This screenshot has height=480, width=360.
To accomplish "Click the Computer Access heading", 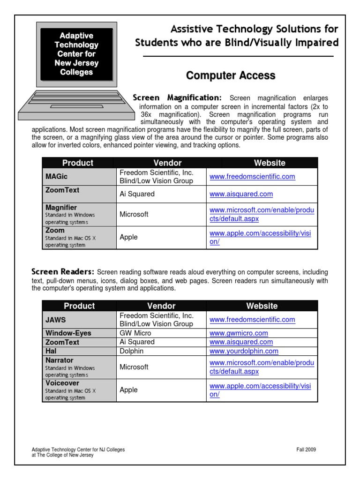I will click(231, 75).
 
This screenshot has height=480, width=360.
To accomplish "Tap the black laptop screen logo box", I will click(76, 54).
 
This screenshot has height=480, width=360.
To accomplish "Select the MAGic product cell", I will click(79, 177).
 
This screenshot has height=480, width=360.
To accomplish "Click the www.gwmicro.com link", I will click(239, 333).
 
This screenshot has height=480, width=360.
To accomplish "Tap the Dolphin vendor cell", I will click(132, 351).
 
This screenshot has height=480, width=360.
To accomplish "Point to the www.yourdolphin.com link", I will click(244, 351).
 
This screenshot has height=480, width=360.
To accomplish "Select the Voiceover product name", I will click(62, 383).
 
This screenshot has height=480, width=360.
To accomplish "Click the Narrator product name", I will click(60, 360).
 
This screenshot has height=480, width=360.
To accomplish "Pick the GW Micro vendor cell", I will click(135, 333).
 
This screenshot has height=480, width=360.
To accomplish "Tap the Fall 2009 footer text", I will click(306, 450).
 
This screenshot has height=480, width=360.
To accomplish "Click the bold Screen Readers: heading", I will click(63, 272).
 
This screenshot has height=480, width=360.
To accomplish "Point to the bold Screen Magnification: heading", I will click(177, 97).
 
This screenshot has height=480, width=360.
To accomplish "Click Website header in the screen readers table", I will click(262, 306).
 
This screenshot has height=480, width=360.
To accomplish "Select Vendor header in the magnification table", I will click(167, 163).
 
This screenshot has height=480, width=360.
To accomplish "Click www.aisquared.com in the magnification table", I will click(241, 194).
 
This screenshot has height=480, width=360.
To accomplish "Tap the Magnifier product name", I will click(61, 207).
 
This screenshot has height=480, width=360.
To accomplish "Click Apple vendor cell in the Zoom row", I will click(128, 237).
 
